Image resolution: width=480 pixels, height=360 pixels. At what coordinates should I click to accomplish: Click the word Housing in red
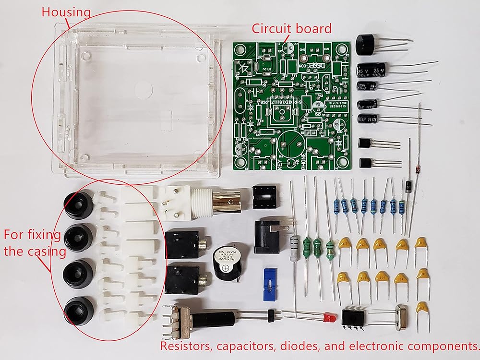pos(66,12)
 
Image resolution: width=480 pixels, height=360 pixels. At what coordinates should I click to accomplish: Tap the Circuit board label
pos(292,28)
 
